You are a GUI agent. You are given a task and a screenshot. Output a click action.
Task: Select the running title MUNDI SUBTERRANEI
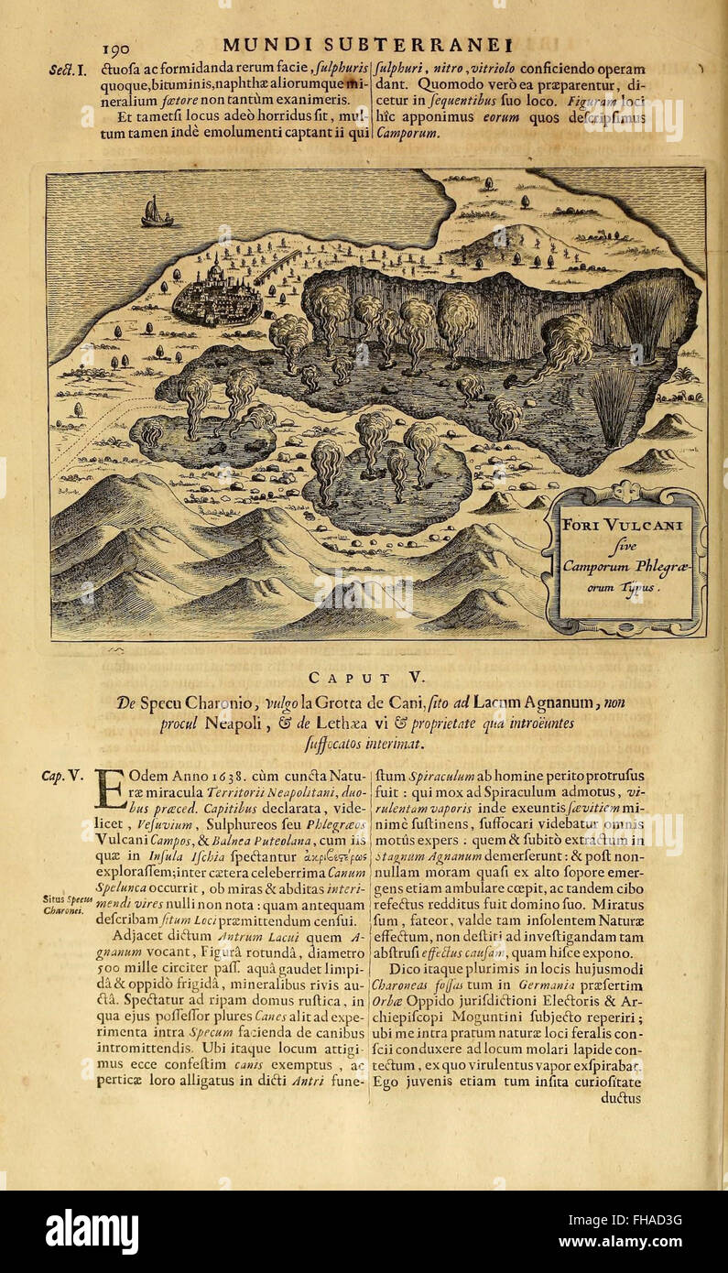pyautogui.click(x=365, y=45)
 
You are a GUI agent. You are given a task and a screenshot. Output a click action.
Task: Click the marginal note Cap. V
pyautogui.click(x=63, y=777)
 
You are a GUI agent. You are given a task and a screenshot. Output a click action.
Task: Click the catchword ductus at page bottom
pyautogui.click(x=622, y=1099)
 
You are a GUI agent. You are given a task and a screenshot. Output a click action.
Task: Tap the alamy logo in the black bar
pyautogui.click(x=92, y=1231)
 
